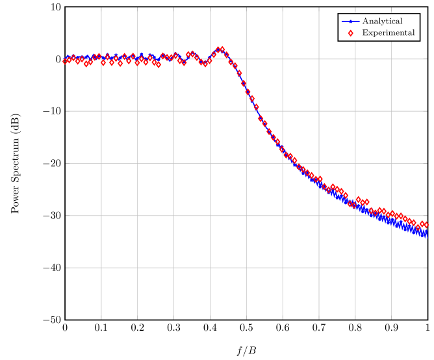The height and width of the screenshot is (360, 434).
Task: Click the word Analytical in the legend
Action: click(382, 21)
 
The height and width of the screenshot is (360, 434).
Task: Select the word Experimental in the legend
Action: click(388, 33)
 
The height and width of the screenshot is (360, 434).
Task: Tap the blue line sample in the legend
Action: click(350, 21)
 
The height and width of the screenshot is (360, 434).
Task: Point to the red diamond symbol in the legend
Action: click(350, 33)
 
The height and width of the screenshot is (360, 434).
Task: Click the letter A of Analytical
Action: click(365, 21)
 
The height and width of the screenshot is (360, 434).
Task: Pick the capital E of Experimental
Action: click(364, 33)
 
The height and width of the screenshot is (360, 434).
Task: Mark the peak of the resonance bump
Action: click(221, 49)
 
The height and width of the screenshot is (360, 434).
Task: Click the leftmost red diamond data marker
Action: click(65, 61)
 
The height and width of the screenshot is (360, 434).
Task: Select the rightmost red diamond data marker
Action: click(426, 225)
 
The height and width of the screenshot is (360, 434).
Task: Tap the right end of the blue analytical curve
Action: click(426, 235)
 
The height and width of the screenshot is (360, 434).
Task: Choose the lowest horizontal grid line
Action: click(247, 267)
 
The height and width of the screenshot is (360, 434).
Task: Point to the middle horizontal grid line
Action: click(247, 163)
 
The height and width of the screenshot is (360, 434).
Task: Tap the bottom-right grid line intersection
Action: click(392, 267)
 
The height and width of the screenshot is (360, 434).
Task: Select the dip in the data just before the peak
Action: click(204, 64)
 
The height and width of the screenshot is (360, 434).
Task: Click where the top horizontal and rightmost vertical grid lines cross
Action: click(392, 59)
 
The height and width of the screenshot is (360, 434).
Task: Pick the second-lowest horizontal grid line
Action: click(247, 215)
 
